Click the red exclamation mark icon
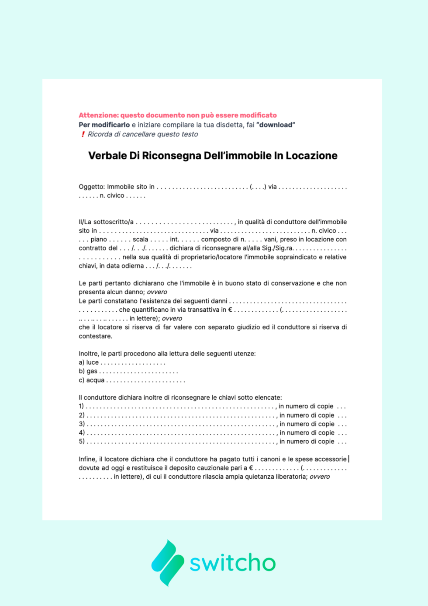pyautogui.click(x=83, y=134)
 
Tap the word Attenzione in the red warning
pyautogui.click(x=98, y=115)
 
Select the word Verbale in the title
pyautogui.click(x=107, y=156)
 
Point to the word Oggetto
pyautogui.click(x=91, y=187)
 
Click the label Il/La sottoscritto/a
pyautogui.click(x=106, y=222)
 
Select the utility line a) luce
pyautogui.click(x=89, y=362)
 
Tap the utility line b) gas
pyautogui.click(x=88, y=371)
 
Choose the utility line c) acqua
pyautogui.click(x=92, y=380)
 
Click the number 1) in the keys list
pyautogui.click(x=81, y=406)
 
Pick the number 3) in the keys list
pyautogui.click(x=82, y=424)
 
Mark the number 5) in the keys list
pyautogui.click(x=82, y=442)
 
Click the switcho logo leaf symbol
pyautogui.click(x=168, y=563)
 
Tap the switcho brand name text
pyautogui.click(x=232, y=563)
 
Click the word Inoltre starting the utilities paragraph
pyautogui.click(x=89, y=354)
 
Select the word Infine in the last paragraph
pyautogui.click(x=87, y=459)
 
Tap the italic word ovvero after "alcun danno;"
pyautogui.click(x=157, y=292)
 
